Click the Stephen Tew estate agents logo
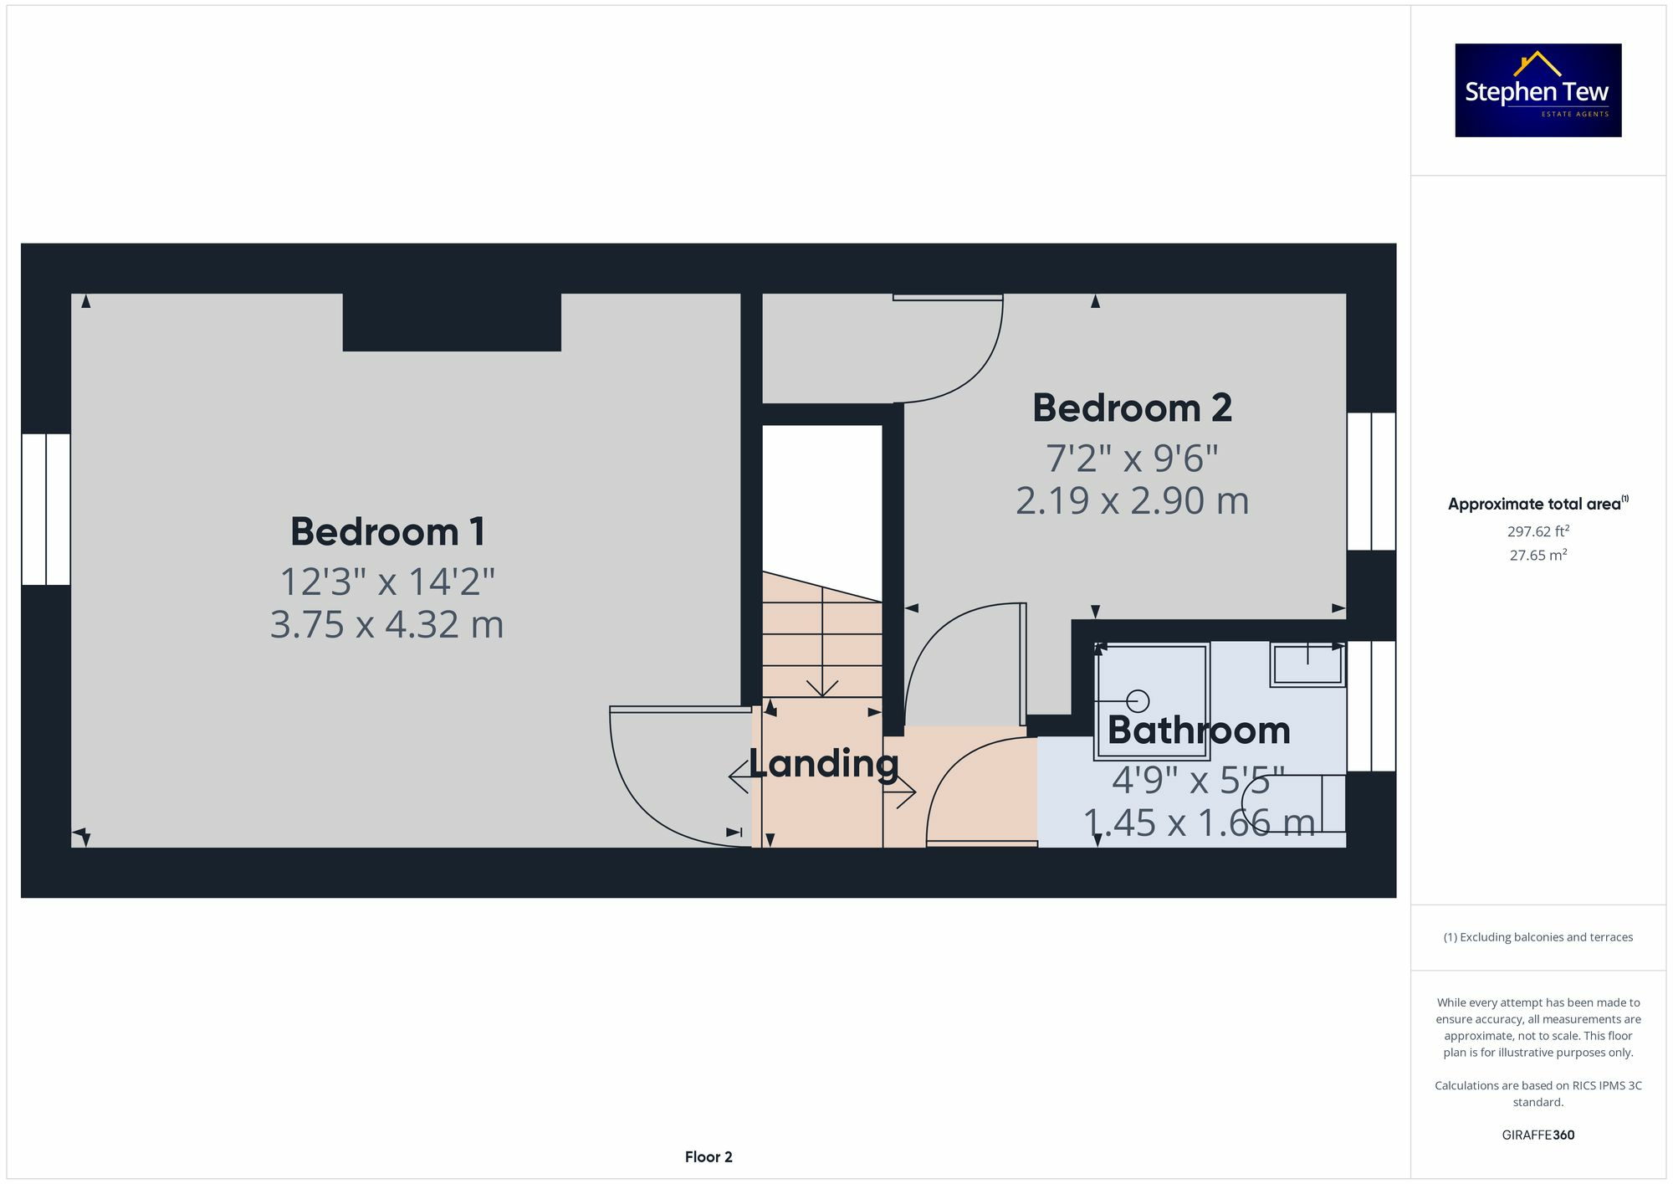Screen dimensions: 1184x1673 (1537, 90)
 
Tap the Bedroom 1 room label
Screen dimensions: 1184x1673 (387, 532)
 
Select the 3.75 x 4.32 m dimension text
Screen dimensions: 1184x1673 (387, 625)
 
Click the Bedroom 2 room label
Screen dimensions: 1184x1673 (1132, 408)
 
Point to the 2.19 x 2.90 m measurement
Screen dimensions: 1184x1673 (1132, 501)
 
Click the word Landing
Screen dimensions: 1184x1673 (823, 763)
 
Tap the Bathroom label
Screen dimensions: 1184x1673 (1198, 730)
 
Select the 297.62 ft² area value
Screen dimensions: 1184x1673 (1537, 531)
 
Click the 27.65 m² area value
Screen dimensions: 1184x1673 (1537, 555)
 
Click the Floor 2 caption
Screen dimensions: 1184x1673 (709, 1156)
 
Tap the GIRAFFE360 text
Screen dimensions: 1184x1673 (1537, 1135)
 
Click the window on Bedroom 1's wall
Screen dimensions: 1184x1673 (46, 509)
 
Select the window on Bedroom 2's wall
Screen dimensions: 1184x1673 (1371, 481)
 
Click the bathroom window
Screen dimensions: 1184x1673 (1371, 705)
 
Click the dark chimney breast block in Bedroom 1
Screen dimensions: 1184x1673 (452, 322)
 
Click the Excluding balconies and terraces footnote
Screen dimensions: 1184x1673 (1537, 937)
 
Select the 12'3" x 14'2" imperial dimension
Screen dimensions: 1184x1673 (387, 582)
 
